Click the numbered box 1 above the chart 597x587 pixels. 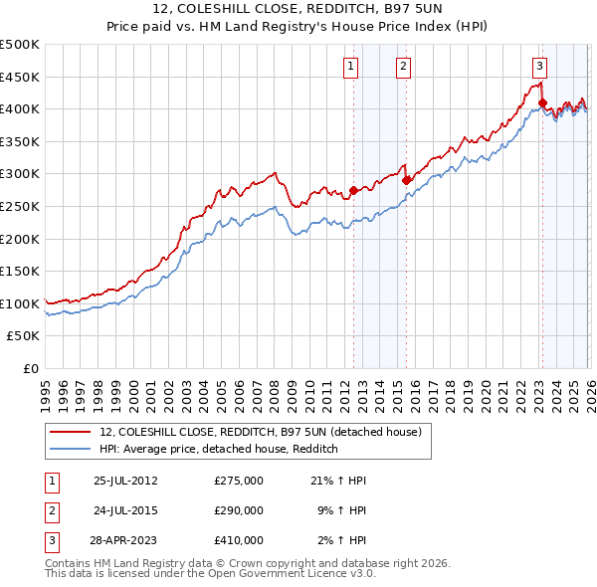pyautogui.click(x=352, y=67)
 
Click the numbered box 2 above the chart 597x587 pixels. pyautogui.click(x=404, y=67)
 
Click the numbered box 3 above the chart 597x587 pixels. pyautogui.click(x=539, y=67)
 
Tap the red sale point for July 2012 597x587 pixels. pyautogui.click(x=353, y=190)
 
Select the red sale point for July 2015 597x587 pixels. pyautogui.click(x=406, y=180)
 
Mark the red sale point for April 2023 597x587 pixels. pyautogui.click(x=542, y=102)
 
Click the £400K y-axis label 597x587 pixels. pyautogui.click(x=19, y=108)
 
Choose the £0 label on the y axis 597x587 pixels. pyautogui.click(x=30, y=368)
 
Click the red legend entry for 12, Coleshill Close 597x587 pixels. pyautogui.click(x=261, y=432)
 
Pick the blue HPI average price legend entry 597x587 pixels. pyautogui.click(x=219, y=450)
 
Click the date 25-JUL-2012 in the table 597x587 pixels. pyautogui.click(x=125, y=481)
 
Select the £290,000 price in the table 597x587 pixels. pyautogui.click(x=239, y=510)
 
